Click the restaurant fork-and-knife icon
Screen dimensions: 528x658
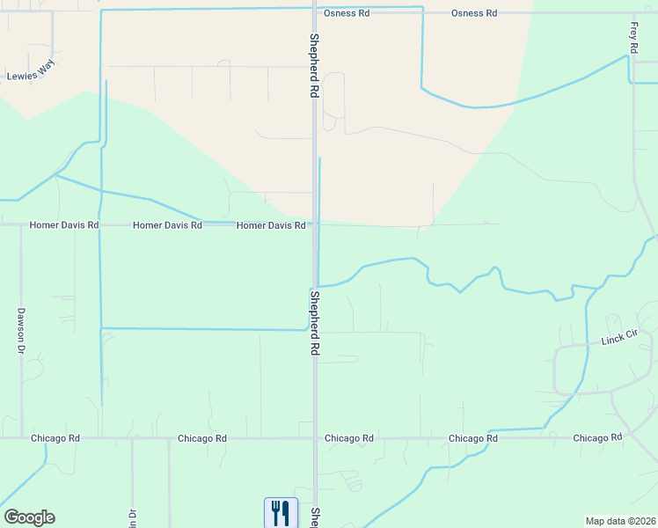tap(281, 512)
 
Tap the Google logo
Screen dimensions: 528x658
tap(29, 517)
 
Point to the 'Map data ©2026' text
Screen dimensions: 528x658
tap(620, 521)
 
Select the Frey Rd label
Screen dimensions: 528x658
tap(633, 37)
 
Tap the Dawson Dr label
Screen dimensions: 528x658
tap(19, 330)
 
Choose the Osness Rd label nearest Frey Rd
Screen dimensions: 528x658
tap(474, 13)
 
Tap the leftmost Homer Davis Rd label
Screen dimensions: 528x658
tap(64, 225)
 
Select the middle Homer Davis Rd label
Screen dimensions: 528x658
tap(167, 225)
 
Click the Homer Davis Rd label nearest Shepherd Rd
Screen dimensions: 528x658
tap(271, 225)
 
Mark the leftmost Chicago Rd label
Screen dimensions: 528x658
tap(55, 438)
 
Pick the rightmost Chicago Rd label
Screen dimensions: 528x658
tap(598, 437)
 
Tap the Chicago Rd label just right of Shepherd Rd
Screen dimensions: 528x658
tap(349, 438)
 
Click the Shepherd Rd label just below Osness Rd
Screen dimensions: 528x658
tap(313, 66)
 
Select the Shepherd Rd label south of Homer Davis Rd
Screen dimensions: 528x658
tap(314, 322)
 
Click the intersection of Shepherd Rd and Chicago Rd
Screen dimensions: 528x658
tap(314, 437)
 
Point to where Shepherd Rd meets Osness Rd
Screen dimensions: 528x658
tap(314, 13)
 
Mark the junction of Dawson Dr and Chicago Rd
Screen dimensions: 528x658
tap(21, 437)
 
